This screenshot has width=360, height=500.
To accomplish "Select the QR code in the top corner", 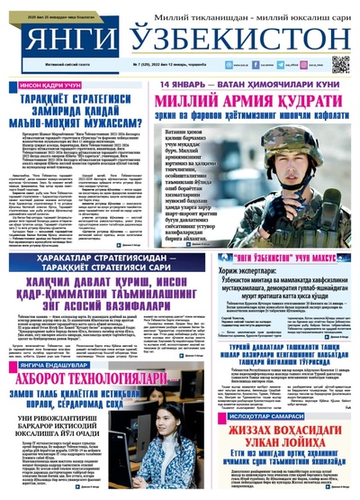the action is [x=341, y=64].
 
